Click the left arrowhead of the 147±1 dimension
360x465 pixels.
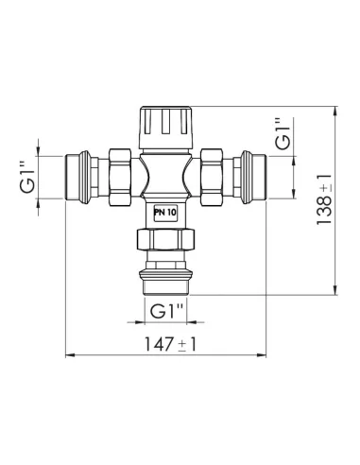(68, 355)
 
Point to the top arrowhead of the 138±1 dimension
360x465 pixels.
(335, 111)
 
